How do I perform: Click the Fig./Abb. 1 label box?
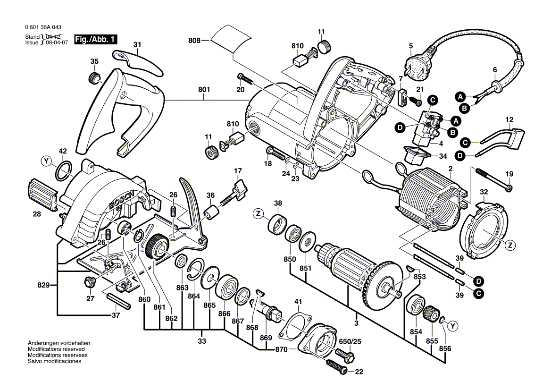coord(96,40)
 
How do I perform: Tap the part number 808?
coord(194,41)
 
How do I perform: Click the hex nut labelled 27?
coord(87,282)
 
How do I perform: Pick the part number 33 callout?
coord(202,341)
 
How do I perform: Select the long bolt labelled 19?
coord(491,179)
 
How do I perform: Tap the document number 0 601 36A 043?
coord(42,27)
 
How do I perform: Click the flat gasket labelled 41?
coord(293,325)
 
